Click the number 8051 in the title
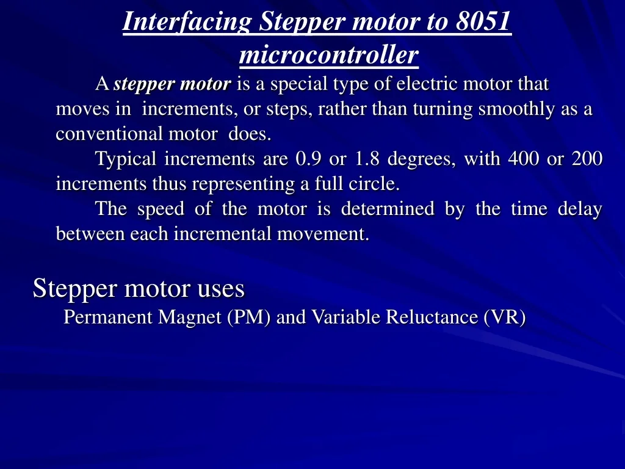[482, 22]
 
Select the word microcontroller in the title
[328, 56]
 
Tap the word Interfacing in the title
[187, 22]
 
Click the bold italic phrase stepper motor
[173, 84]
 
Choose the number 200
[587, 159]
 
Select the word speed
[160, 209]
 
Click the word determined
[388, 209]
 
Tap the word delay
[580, 209]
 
